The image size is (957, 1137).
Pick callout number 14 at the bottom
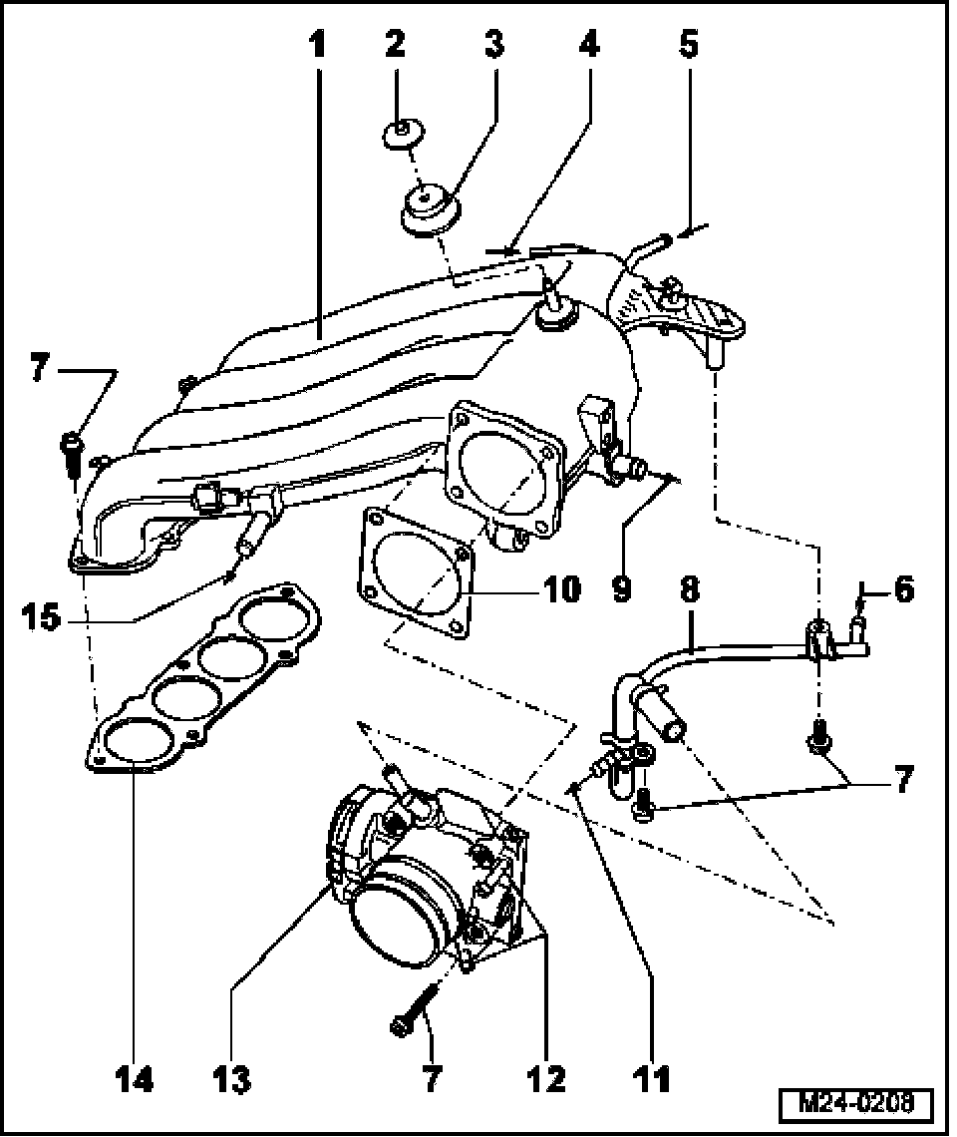[133, 1077]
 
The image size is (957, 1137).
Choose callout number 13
[232, 1077]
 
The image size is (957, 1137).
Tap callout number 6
[902, 589]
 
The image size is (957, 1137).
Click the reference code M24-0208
[855, 1104]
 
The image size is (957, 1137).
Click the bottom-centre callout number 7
[432, 1077]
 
